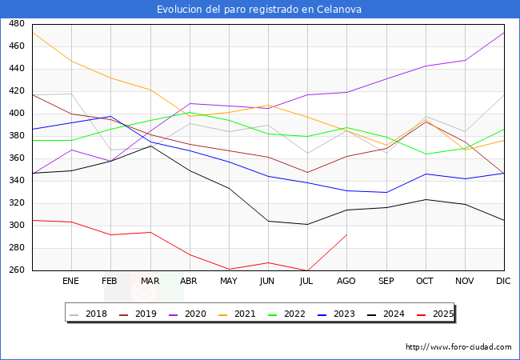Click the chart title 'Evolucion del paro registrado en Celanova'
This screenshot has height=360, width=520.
259,10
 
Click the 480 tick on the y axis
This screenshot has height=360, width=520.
16,24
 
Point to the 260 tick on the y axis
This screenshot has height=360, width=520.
16,270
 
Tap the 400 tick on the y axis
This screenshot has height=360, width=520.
16,114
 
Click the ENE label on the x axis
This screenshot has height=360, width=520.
71,282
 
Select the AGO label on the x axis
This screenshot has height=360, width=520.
346,282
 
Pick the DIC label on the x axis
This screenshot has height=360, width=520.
503,282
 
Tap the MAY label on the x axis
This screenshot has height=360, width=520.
228,282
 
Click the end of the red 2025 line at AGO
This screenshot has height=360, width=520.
346,234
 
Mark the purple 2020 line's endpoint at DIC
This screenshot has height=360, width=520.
503,33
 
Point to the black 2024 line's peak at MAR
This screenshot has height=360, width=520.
150,146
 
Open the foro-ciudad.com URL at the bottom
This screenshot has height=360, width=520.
458,347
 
